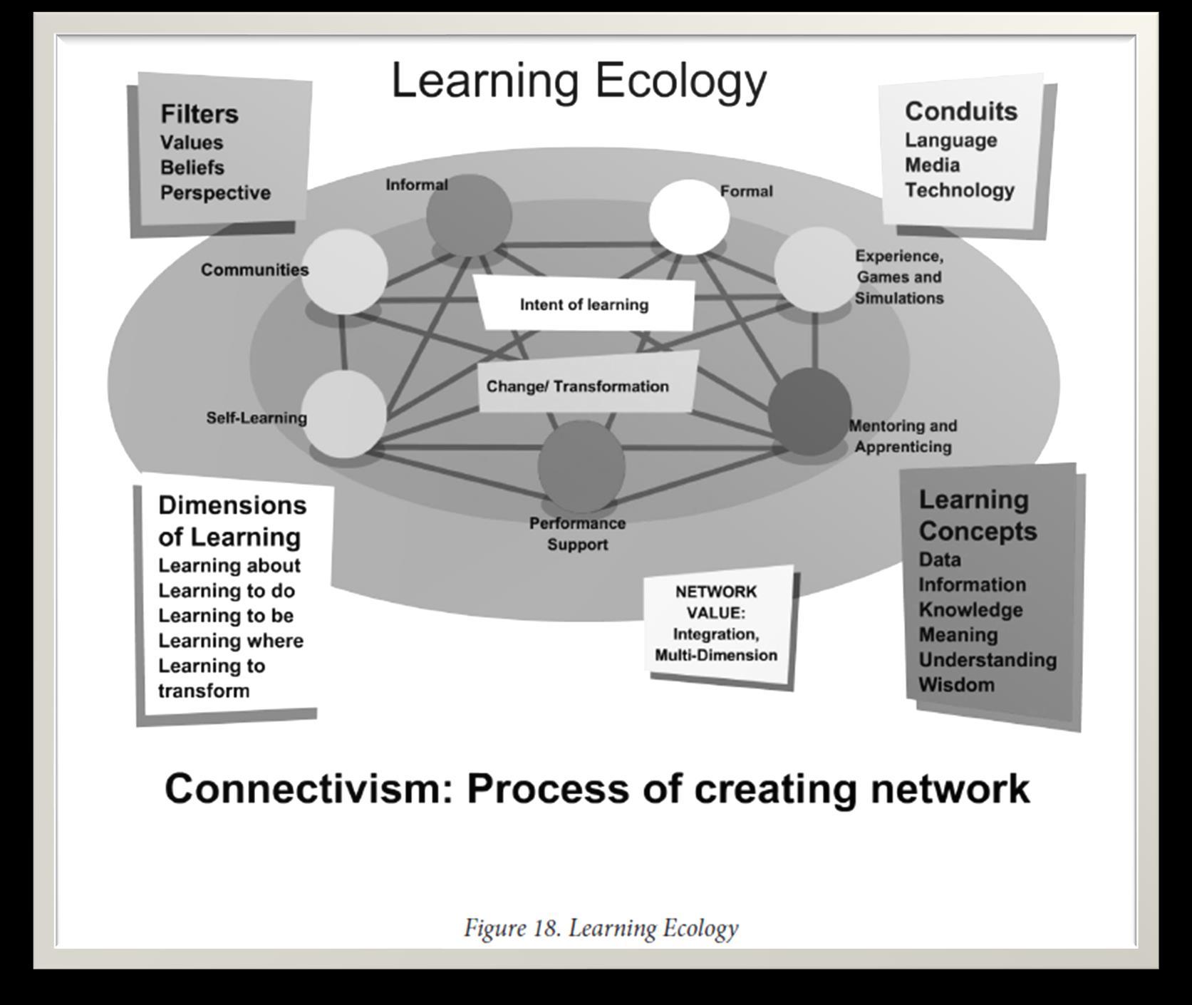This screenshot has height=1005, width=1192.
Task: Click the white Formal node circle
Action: [x=689, y=217]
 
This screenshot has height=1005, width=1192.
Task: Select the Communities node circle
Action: [x=344, y=271]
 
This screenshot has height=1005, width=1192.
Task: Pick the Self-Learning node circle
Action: [x=345, y=414]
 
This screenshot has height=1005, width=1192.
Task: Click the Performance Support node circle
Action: [x=581, y=465]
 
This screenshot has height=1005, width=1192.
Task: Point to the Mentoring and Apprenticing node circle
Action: [x=810, y=411]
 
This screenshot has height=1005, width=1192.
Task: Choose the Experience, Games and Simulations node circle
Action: [x=816, y=269]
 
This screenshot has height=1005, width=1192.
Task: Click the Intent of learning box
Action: [x=585, y=305]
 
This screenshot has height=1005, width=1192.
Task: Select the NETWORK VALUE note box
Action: [x=717, y=624]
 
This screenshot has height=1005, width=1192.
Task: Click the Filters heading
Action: [x=199, y=114]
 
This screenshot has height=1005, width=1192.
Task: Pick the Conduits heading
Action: [x=961, y=111]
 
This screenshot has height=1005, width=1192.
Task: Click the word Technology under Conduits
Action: [x=960, y=190]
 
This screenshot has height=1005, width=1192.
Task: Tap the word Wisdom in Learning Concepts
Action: [x=956, y=685]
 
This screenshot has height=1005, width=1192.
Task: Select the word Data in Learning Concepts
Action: [x=940, y=560]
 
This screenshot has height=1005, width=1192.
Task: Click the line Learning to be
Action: [x=226, y=616]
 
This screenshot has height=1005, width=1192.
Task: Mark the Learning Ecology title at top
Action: [x=579, y=81]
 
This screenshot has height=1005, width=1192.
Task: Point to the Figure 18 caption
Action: [x=601, y=928]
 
